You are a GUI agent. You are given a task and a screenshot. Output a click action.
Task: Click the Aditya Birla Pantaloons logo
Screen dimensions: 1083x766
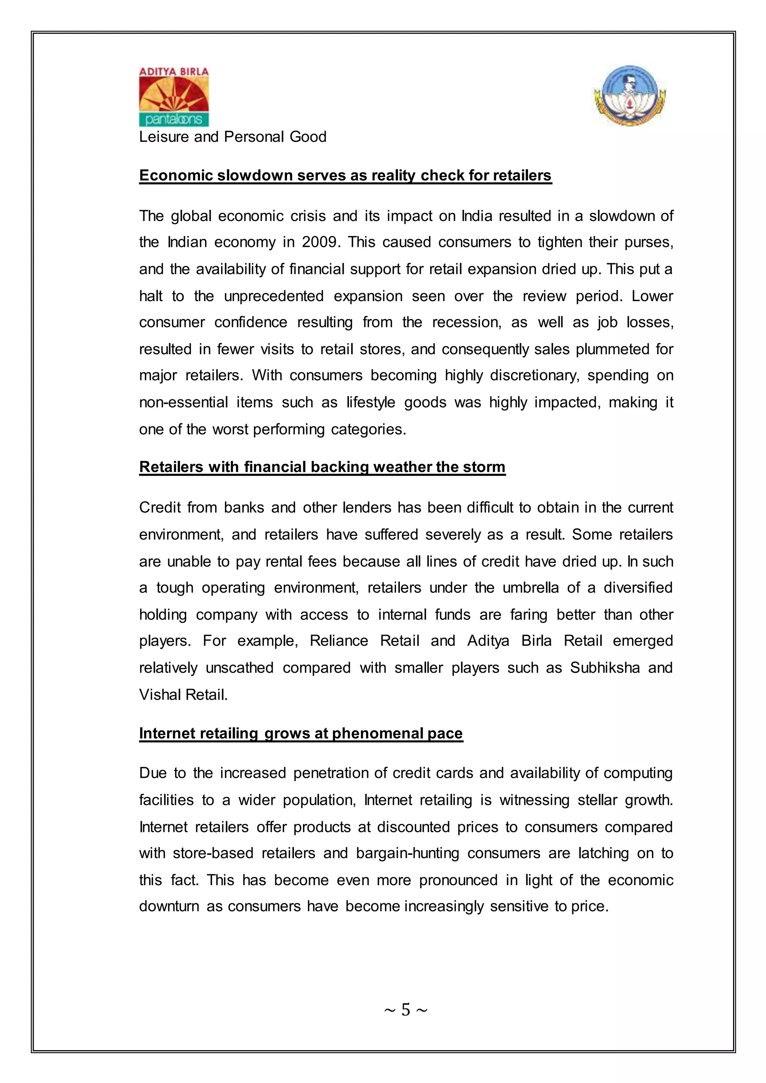(174, 97)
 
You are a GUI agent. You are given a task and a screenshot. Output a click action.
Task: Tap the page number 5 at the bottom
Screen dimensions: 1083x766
(406, 1009)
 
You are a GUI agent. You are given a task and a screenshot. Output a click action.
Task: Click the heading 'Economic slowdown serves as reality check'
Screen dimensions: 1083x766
(345, 175)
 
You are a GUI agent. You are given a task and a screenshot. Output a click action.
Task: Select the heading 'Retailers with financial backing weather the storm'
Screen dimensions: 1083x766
(322, 467)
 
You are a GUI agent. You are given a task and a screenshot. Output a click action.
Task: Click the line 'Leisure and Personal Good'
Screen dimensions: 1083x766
(233, 137)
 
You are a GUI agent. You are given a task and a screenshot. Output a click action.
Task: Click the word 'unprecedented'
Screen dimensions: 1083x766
(273, 296)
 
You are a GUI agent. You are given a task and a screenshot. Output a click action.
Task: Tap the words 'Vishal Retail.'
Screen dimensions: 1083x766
(184, 695)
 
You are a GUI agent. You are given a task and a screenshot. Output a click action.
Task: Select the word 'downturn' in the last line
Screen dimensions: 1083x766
(169, 906)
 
